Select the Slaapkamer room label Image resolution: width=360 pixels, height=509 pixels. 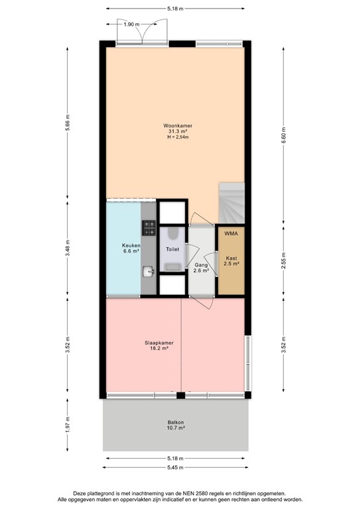click(159, 343)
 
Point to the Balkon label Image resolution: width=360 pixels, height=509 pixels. click(175, 422)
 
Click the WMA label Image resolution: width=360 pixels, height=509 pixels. click(230, 234)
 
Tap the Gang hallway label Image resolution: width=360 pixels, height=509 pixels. click(200, 264)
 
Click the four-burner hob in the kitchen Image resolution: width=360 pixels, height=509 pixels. click(148, 229)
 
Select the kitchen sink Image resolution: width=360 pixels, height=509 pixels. click(149, 270)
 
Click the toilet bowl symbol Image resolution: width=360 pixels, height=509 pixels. click(172, 235)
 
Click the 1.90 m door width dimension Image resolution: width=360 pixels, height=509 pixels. click(132, 25)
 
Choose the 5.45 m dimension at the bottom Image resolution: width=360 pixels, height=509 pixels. click(175, 468)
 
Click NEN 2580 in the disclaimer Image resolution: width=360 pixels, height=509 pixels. click(211, 493)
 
